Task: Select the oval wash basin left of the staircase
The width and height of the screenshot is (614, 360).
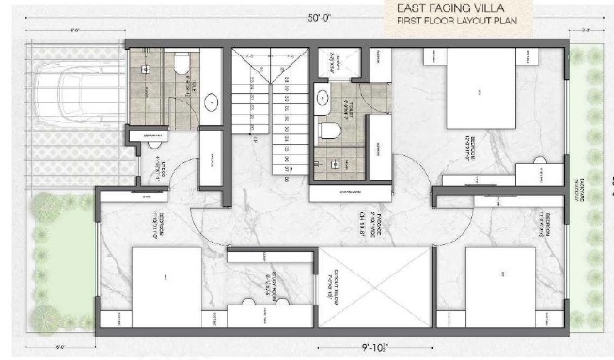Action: [x=211, y=101]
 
